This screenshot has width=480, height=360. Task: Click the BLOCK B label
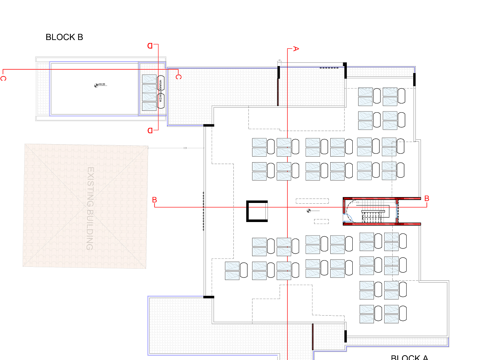coord(64,37)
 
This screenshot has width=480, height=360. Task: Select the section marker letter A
coord(296,49)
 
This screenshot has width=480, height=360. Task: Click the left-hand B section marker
coord(154,200)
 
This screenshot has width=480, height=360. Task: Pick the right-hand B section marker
coord(426,199)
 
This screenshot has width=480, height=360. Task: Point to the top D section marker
coord(150,46)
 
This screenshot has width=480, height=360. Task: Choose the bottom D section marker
coord(150,131)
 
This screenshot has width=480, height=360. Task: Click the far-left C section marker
coord(3,79)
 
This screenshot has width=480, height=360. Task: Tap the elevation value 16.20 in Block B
coord(102,84)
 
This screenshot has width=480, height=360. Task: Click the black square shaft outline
coord(257,211)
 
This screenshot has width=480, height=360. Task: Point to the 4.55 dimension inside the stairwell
coord(357,202)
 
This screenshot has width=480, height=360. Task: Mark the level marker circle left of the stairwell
coord(309,211)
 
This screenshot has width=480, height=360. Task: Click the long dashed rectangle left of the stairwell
coord(312,201)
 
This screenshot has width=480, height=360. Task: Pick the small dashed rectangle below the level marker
coord(321,221)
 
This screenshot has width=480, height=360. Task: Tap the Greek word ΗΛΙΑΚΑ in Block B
coord(160,83)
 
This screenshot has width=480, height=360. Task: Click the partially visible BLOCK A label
coord(409,357)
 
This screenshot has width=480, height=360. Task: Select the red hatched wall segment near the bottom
coord(313,337)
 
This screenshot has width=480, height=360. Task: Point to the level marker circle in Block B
coord(96,86)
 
